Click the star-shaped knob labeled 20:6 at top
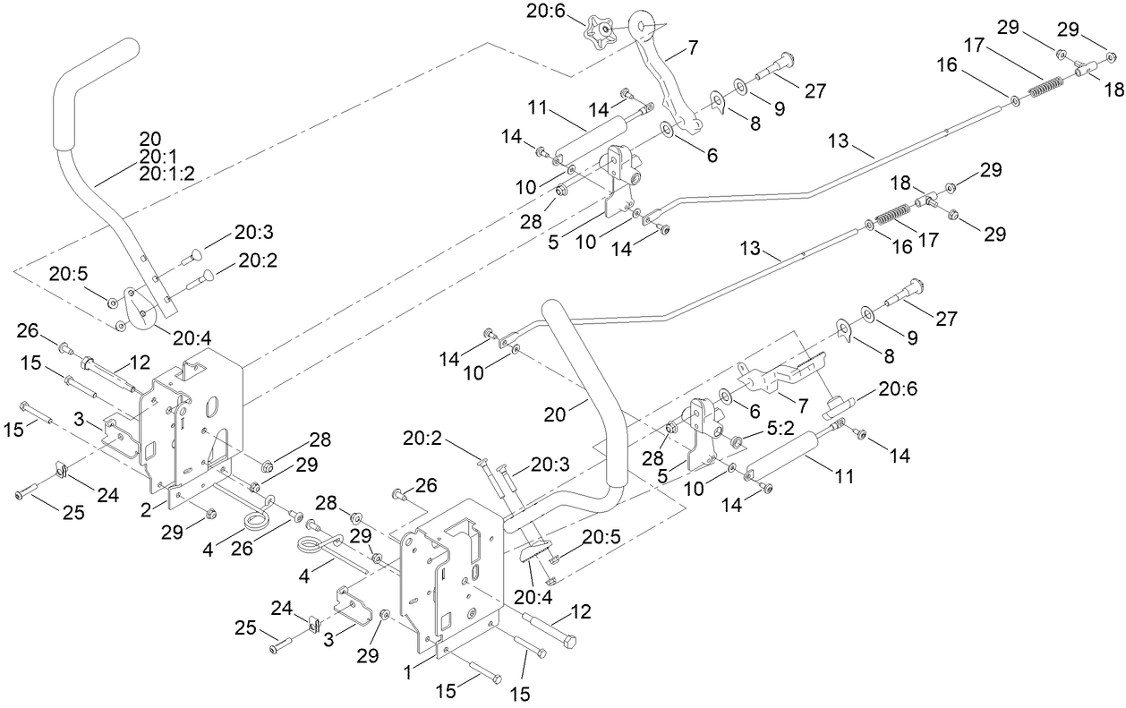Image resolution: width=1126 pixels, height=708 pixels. (599, 35)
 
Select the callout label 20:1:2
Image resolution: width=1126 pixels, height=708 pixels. (166, 175)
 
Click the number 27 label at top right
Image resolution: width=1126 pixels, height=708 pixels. (815, 90)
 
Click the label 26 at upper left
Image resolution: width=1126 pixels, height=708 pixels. (30, 331)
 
